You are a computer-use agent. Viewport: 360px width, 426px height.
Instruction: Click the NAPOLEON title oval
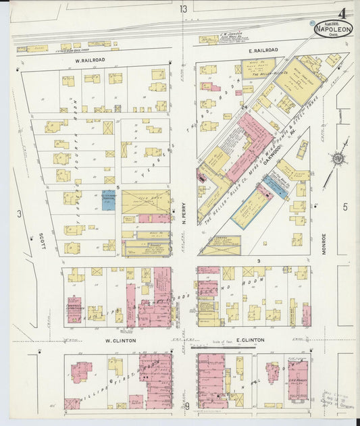[332, 28]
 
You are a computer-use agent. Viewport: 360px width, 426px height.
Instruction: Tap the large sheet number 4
[342, 14]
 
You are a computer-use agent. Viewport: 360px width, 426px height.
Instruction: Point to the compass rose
[338, 159]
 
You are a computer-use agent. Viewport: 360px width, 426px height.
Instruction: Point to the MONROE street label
[325, 243]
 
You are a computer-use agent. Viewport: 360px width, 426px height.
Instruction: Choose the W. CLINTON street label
[120, 340]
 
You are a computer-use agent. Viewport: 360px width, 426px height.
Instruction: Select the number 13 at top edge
[184, 8]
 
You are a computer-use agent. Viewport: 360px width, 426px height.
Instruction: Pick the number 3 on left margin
[20, 214]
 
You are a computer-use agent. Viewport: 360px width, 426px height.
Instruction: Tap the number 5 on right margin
[345, 207]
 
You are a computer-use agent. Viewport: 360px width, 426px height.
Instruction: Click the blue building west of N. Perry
[108, 201]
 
